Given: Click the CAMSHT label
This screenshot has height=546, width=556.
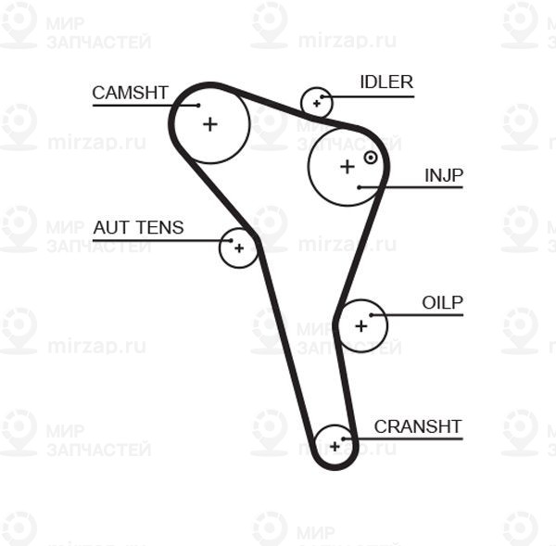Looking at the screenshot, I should click(130, 93).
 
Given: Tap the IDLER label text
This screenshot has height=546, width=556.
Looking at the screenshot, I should click(386, 83).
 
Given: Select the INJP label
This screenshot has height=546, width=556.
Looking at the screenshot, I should click(444, 175).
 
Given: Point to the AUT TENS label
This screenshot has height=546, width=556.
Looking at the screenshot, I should click(138, 227).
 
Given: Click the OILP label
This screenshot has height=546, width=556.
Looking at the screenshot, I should click(442, 303).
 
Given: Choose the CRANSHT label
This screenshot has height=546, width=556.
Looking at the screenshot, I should click(417, 426).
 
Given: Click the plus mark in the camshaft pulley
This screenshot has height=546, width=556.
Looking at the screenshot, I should click(210, 123).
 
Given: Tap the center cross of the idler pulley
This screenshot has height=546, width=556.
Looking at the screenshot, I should click(317, 103).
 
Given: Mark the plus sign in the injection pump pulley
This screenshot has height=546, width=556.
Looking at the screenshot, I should click(347, 167).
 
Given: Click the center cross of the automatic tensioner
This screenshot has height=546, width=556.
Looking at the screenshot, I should click(239, 248).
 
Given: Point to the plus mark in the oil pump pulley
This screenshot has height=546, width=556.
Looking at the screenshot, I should click(361, 325).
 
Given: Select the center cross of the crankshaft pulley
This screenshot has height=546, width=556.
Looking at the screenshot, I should click(335, 446).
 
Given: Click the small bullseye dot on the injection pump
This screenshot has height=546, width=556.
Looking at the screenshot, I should click(371, 158).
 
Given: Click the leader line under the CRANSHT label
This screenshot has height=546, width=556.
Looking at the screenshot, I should click(408, 438).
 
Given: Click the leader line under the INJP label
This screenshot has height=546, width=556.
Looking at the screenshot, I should click(417, 187).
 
